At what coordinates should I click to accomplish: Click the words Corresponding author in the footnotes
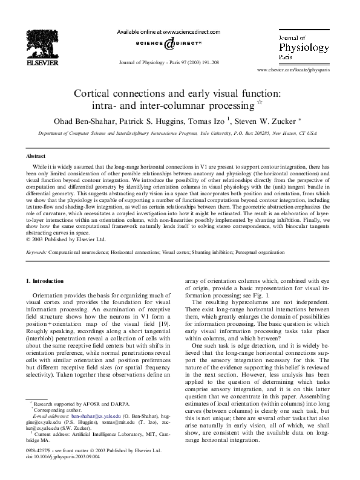pos(54,409)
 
